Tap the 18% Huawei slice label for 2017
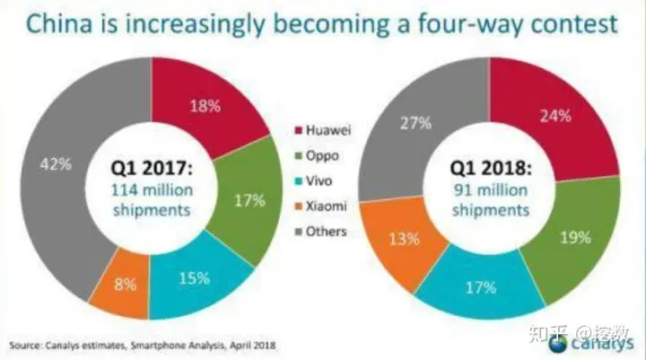pyautogui.click(x=206, y=106)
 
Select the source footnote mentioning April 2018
pyautogui.click(x=144, y=345)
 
